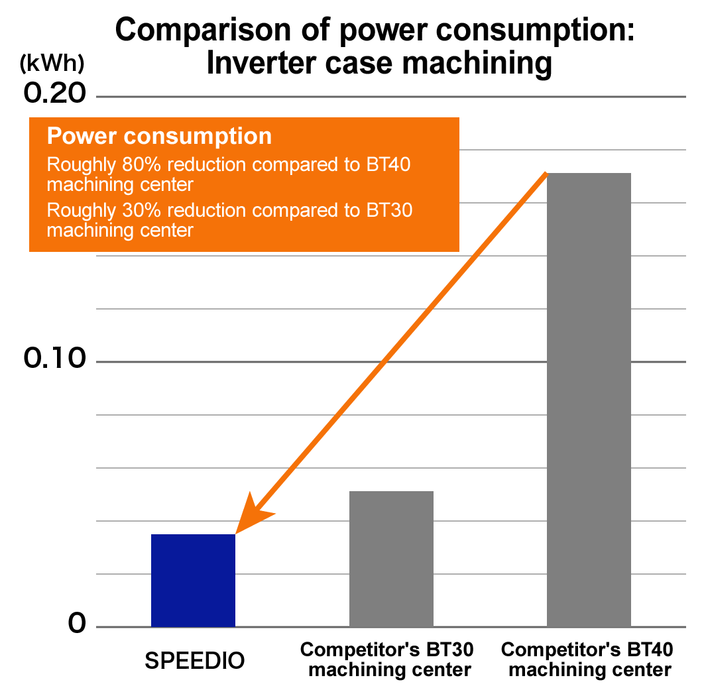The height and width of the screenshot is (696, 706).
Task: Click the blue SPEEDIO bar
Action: (193, 580)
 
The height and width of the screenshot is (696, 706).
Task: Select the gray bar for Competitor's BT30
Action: (391, 559)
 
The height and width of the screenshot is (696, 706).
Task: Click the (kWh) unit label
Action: (52, 64)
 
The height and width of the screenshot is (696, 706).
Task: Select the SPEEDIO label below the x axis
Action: (195, 661)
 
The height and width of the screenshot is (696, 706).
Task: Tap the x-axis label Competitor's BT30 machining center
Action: (390, 659)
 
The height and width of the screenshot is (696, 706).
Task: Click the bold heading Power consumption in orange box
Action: (159, 136)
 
